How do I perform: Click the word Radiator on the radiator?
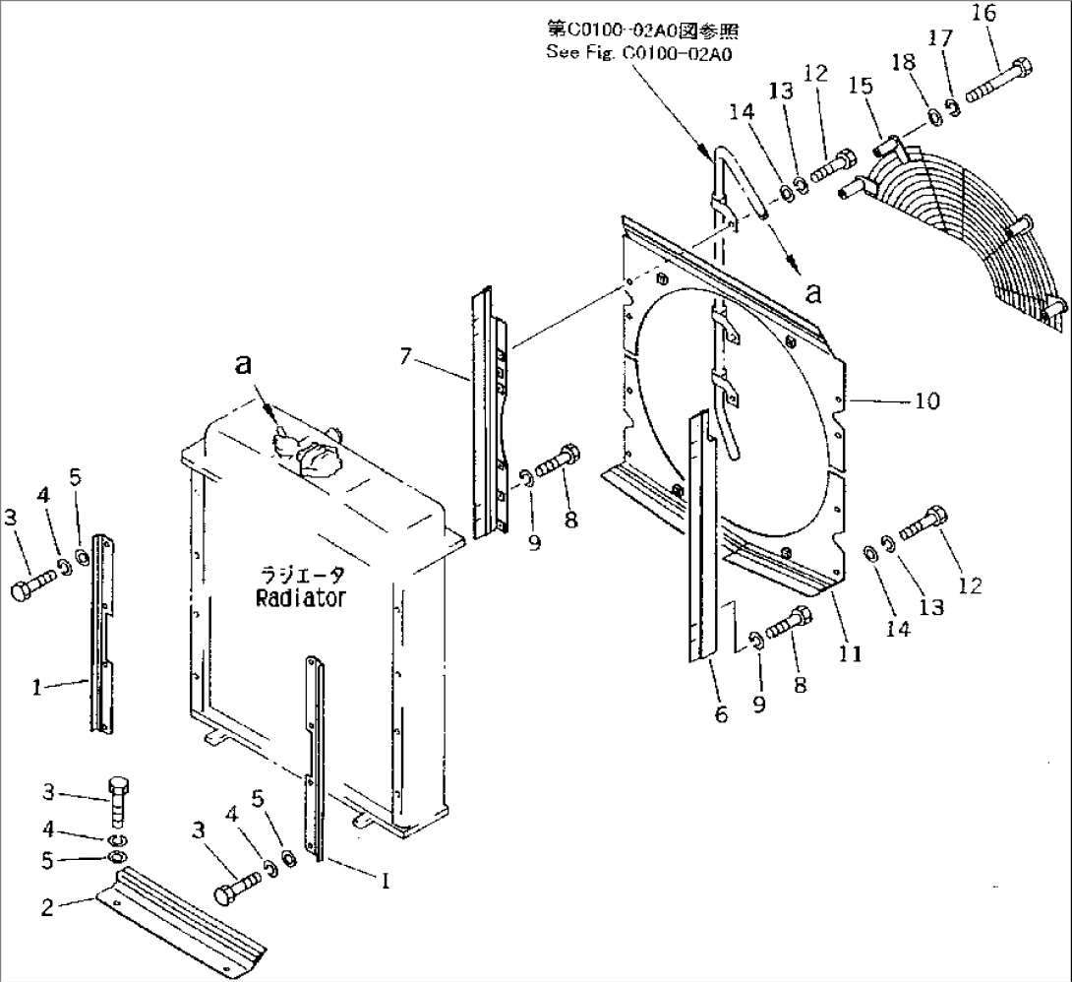tap(300, 598)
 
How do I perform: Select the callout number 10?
tap(926, 401)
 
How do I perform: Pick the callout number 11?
tap(850, 653)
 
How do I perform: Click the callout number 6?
tap(721, 715)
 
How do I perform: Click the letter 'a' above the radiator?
tap(243, 365)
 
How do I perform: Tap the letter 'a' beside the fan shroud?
tap(812, 292)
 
